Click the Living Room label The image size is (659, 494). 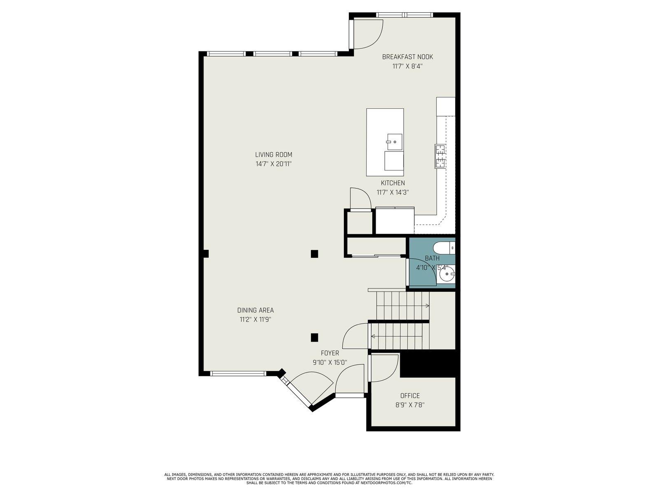click(x=273, y=155)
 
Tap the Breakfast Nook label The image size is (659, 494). click(x=407, y=57)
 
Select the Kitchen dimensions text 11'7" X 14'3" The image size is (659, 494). click(x=393, y=193)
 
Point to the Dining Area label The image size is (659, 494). click(x=255, y=310)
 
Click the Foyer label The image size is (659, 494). click(x=329, y=353)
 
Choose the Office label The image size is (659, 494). click(x=410, y=396)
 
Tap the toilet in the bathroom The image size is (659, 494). click(x=444, y=248)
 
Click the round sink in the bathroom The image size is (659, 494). click(x=447, y=274)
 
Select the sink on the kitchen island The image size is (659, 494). click(x=394, y=142)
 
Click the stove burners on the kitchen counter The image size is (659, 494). click(x=440, y=156)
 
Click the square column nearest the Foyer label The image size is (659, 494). click(x=314, y=338)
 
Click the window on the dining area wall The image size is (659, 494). click(x=238, y=374)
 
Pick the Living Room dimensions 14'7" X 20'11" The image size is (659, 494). click(x=273, y=164)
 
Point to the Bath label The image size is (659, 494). click(x=432, y=258)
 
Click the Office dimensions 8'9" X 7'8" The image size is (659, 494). click(x=410, y=405)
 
